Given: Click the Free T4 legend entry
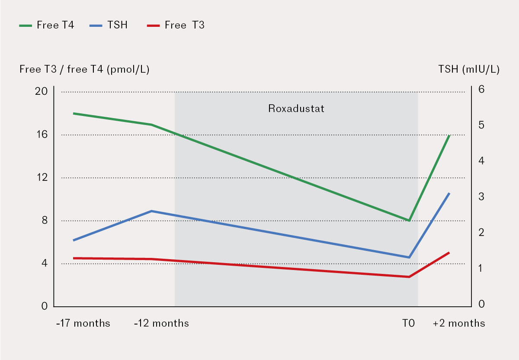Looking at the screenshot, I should (x=47, y=25).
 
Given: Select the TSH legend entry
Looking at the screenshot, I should (x=109, y=25).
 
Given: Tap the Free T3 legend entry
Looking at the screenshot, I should (x=178, y=25).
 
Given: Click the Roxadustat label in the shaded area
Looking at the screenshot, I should (x=296, y=108).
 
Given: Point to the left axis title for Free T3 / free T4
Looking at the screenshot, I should (x=84, y=70).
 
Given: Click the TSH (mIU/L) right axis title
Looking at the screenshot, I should (x=469, y=70).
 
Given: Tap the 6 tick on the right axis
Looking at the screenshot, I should (x=481, y=89).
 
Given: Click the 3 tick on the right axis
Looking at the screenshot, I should (x=481, y=196).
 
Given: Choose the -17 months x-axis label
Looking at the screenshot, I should (x=83, y=323).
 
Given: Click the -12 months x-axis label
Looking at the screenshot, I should (x=161, y=323).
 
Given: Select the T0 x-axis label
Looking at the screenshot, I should (x=408, y=323).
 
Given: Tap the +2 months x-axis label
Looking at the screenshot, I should (x=459, y=323).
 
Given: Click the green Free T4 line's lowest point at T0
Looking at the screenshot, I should (x=409, y=220).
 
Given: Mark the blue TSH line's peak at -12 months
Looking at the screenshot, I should (x=151, y=211).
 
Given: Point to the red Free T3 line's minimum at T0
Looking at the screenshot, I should (x=409, y=277).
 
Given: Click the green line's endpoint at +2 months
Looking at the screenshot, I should (x=450, y=135).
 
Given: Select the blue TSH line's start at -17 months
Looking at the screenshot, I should (x=74, y=240).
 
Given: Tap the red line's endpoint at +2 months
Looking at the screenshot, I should (x=450, y=252).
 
